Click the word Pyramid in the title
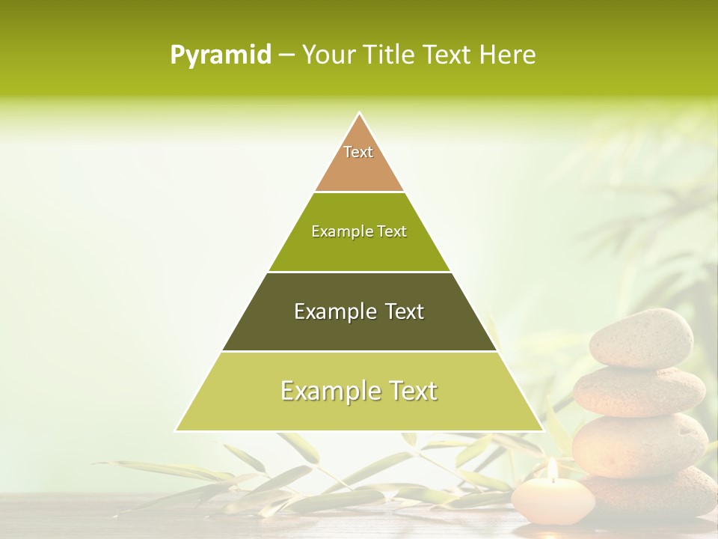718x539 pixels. pyautogui.click(x=220, y=55)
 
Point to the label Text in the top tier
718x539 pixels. pyautogui.click(x=358, y=152)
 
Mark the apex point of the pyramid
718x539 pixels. pyautogui.click(x=360, y=113)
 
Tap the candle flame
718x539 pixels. pyautogui.click(x=552, y=469)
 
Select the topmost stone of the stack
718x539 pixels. pyautogui.click(x=641, y=338)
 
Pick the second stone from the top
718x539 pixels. pyautogui.click(x=639, y=391)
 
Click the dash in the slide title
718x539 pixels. pyautogui.click(x=286, y=55)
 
